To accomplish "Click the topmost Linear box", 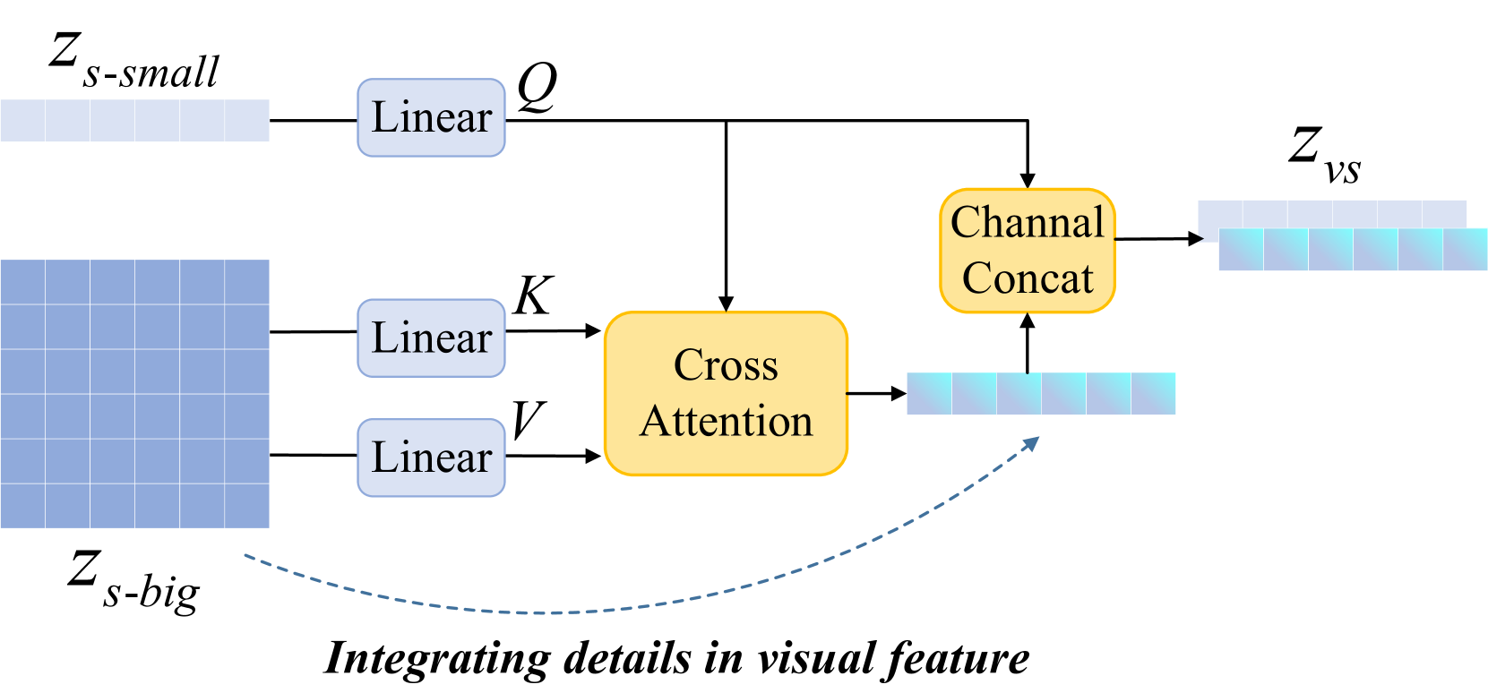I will tap(431, 117).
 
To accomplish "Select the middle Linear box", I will tap(431, 338).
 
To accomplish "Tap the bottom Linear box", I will tap(431, 458).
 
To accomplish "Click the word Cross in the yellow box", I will tap(726, 365).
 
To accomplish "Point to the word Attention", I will tap(726, 421).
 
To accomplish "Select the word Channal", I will tap(1027, 222).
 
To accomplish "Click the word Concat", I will tap(1027, 278).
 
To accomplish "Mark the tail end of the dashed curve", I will tap(246, 557).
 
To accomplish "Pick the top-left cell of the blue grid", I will tap(22, 282).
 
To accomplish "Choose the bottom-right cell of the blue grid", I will tap(247, 506).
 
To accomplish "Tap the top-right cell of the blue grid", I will tap(247, 282).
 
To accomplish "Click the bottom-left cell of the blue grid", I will tap(22, 506).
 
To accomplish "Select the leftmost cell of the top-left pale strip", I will tap(22, 120).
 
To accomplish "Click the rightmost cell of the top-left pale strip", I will tap(247, 120).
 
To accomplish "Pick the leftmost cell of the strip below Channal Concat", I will tap(929, 394).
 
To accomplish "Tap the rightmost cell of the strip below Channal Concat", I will tap(1154, 394).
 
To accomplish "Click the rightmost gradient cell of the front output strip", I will tap(1466, 250).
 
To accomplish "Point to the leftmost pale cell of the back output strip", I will tap(1219, 213).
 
